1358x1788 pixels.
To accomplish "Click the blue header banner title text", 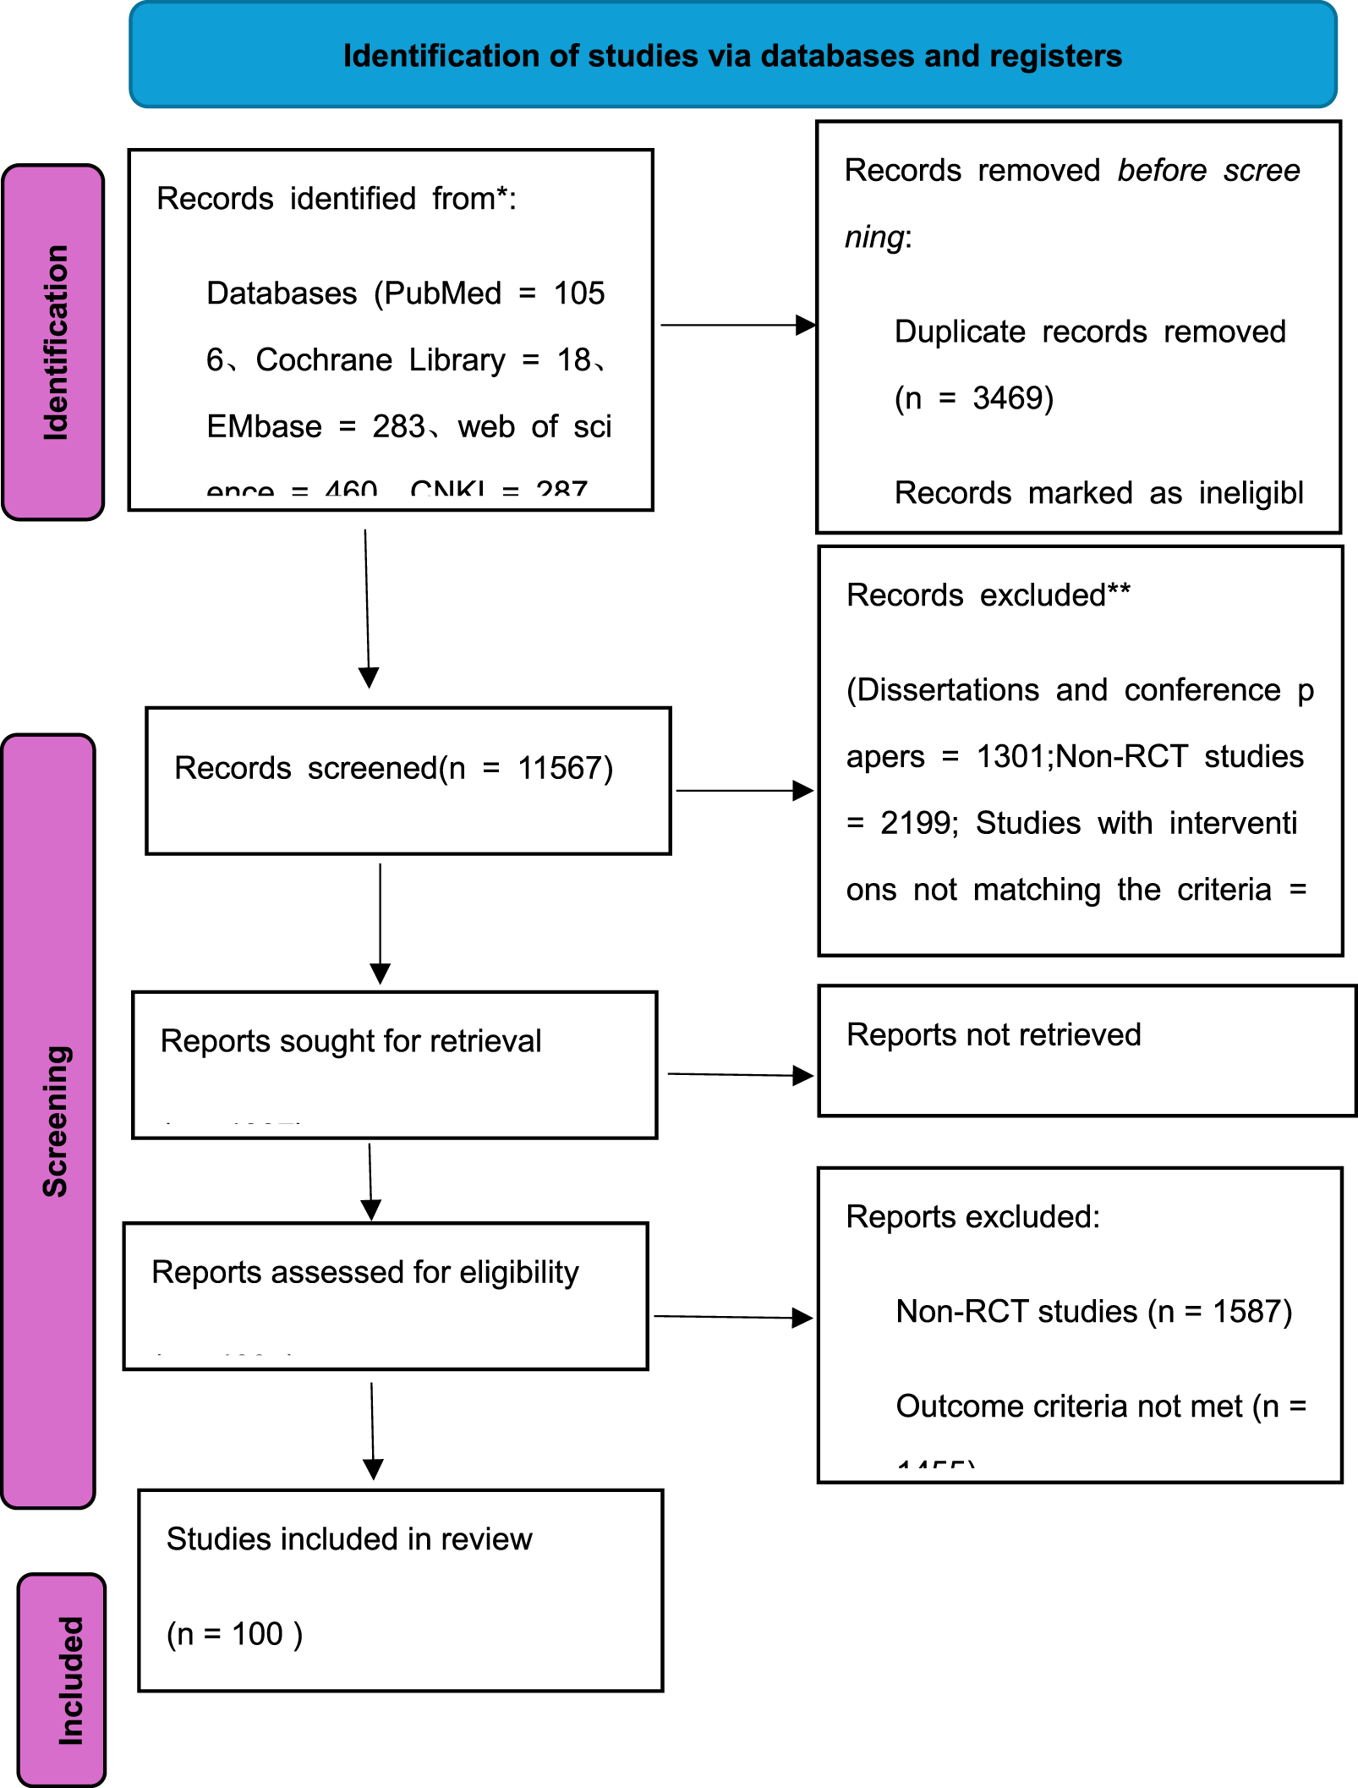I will pyautogui.click(x=732, y=56).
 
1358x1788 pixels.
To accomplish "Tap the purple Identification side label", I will pyautogui.click(x=55, y=343).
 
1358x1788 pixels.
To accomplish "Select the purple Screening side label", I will pyautogui.click(x=55, y=1121).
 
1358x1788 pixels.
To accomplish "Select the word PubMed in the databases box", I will pyautogui.click(x=442, y=293).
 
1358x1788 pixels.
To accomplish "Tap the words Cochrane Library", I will pyautogui.click(x=381, y=360).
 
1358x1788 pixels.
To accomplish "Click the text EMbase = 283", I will pyautogui.click(x=315, y=427).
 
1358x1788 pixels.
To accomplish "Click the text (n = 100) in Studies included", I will pyautogui.click(x=234, y=1634).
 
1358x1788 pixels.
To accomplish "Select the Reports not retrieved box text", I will pyautogui.click(x=994, y=1034).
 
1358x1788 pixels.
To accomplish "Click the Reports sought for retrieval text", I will pyautogui.click(x=350, y=1041).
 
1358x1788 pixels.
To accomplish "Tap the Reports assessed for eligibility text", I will pyautogui.click(x=364, y=1272).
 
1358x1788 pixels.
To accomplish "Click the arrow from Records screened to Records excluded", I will pyautogui.click(x=744, y=791).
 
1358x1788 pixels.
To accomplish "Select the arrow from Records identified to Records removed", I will pyautogui.click(x=737, y=325).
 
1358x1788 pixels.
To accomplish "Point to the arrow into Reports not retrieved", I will pyautogui.click(x=740, y=1075).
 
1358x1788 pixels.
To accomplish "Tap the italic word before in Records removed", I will pyautogui.click(x=1161, y=171).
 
